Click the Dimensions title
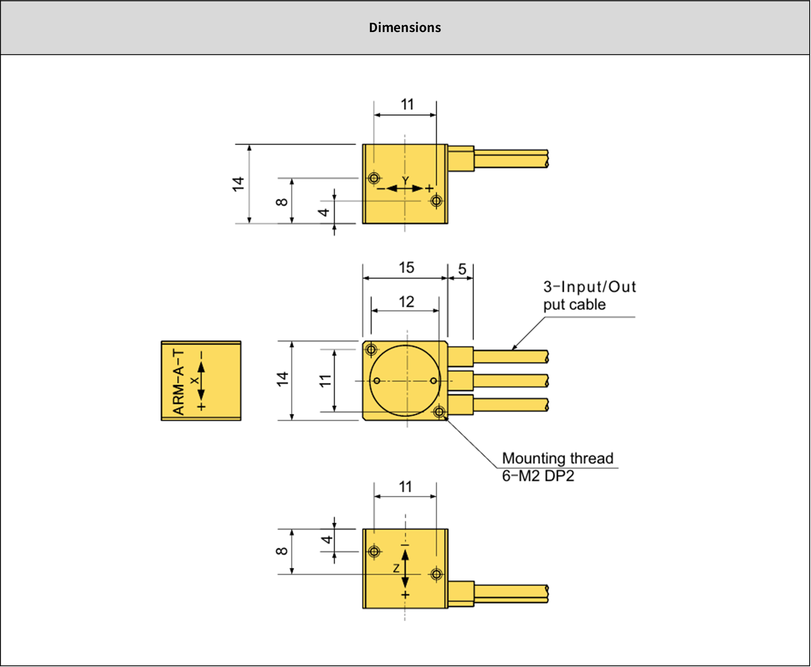[x=405, y=28]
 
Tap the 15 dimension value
[x=406, y=267]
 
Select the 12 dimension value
[x=406, y=302]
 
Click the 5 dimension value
[x=462, y=269]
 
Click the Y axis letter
[x=405, y=180]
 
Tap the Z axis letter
[x=396, y=568]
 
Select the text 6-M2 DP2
[x=538, y=476]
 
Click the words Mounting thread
[x=557, y=458]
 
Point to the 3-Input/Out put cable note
[x=589, y=296]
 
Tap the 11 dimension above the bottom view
[x=405, y=487]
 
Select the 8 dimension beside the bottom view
[x=282, y=551]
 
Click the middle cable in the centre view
[x=511, y=381]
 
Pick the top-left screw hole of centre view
[x=371, y=349]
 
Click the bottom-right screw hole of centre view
[x=439, y=412]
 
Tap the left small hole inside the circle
[x=377, y=381]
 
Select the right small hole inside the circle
[x=434, y=381]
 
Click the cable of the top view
[x=511, y=158]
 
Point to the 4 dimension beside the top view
[x=324, y=212]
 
